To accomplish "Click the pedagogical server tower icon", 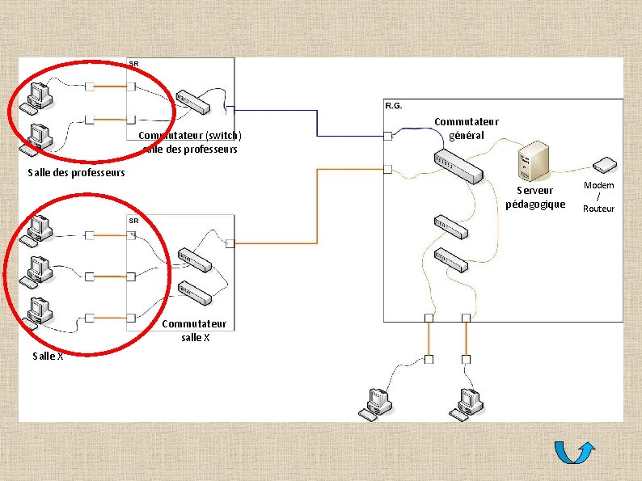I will [534, 162].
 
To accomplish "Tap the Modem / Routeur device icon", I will [604, 166].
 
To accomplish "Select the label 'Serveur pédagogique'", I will [535, 197].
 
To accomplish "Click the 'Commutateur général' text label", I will [467, 129].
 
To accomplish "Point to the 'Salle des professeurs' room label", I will [76, 172].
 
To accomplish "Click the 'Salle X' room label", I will [48, 357].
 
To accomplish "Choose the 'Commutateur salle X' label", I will [195, 331].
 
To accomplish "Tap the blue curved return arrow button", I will [577, 454].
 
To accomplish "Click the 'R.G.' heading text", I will [394, 106].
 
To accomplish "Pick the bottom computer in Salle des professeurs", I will [37, 137].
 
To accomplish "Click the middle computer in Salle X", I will [36, 272].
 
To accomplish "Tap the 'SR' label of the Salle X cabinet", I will [133, 221].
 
